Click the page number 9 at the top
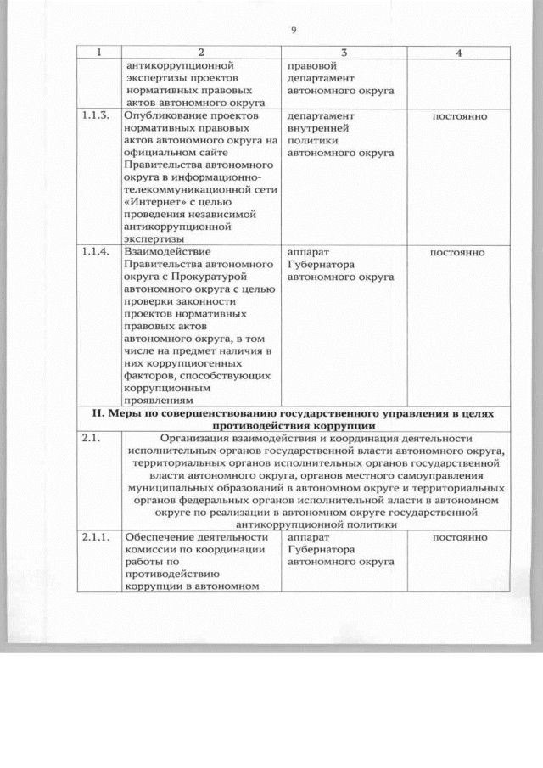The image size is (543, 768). click(293, 31)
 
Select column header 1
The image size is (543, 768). click(98, 53)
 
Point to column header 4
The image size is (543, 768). click(458, 53)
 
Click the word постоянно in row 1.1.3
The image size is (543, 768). click(458, 115)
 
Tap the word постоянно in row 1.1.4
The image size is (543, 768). click(458, 252)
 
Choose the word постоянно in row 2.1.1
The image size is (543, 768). click(458, 538)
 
